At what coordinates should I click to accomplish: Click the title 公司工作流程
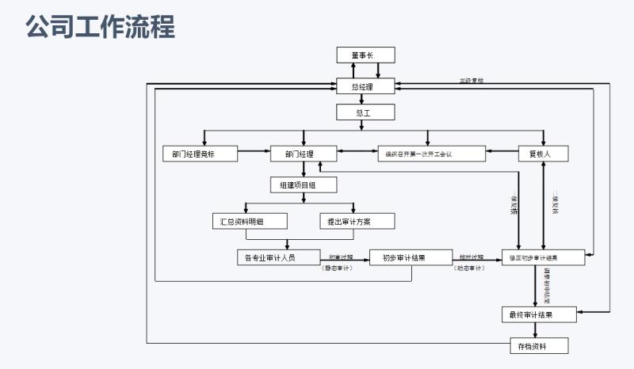tap(100, 27)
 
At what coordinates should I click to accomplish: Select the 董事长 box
tap(365, 55)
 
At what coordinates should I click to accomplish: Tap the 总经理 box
tap(362, 86)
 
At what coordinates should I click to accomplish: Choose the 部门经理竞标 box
tap(198, 154)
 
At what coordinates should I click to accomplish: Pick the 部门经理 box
tap(304, 154)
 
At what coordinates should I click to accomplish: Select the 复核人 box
tap(544, 154)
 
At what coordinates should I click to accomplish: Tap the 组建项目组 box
tap(304, 184)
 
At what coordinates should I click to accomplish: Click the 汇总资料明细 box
tap(243, 221)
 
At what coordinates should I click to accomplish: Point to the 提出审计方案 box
tap(357, 221)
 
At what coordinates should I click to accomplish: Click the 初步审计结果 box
tap(410, 257)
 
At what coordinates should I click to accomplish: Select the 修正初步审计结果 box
tap(543, 258)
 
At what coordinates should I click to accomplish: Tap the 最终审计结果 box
tap(539, 314)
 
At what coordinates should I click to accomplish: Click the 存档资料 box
tap(539, 346)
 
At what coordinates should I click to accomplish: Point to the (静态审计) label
tap(337, 269)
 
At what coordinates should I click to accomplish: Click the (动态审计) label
tap(469, 269)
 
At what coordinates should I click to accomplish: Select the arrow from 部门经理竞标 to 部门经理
tap(254, 150)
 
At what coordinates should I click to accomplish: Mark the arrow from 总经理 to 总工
tap(362, 100)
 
